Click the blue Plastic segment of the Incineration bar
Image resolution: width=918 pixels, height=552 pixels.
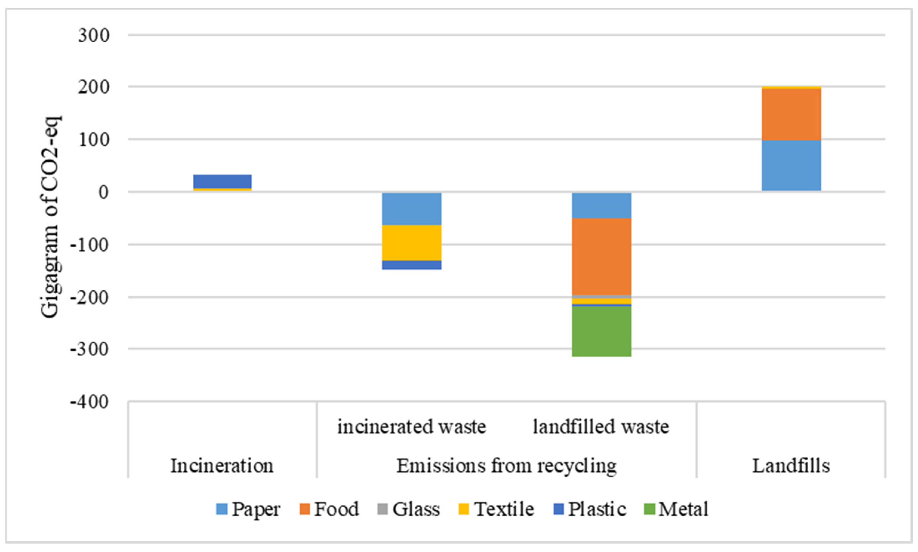(x=222, y=181)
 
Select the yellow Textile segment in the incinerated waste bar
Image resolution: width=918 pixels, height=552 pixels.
(x=412, y=243)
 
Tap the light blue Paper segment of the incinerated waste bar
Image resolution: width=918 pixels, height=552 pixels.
(x=412, y=209)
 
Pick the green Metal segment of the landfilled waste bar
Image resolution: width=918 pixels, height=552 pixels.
(x=601, y=331)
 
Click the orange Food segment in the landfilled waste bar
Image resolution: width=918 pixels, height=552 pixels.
(x=601, y=256)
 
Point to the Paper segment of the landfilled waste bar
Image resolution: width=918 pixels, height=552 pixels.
(x=601, y=205)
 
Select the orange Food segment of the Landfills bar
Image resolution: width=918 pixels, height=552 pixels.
(x=791, y=114)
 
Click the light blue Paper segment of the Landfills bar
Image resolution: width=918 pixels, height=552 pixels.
(x=791, y=165)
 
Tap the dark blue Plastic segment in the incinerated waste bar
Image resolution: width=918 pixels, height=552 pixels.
(x=412, y=265)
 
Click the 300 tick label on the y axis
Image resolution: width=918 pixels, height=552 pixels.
(x=94, y=36)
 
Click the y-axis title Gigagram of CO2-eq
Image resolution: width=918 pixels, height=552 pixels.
(x=50, y=217)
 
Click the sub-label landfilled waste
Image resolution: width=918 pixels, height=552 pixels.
(x=601, y=427)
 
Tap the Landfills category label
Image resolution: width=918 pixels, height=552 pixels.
(x=791, y=466)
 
